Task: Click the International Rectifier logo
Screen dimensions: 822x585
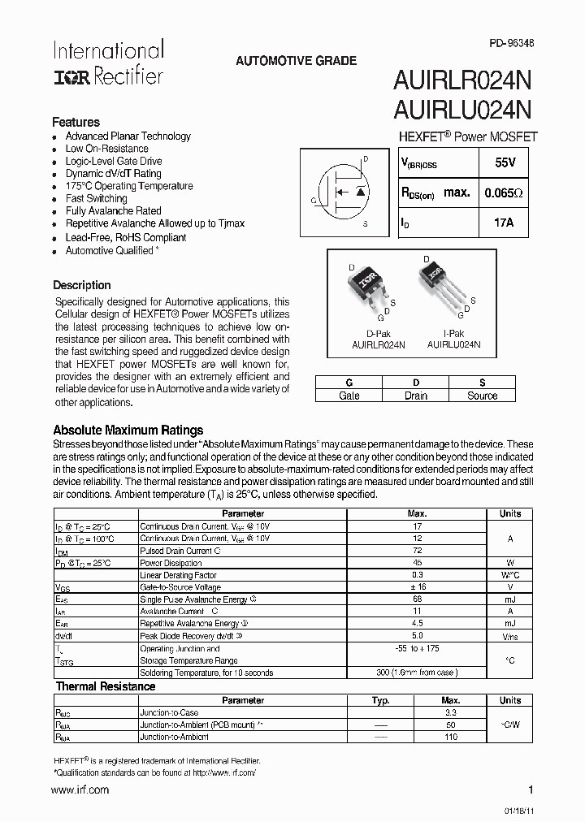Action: (x=108, y=63)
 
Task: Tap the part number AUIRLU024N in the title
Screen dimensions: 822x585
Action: (x=463, y=109)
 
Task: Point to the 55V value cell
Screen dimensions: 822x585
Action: (x=505, y=163)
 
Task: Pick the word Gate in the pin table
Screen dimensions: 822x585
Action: (x=349, y=396)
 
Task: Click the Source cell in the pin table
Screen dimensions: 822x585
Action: (x=482, y=396)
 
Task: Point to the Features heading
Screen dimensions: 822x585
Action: (x=76, y=122)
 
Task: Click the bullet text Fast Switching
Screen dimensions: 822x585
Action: (x=96, y=198)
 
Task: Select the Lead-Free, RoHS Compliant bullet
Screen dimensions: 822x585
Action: (x=126, y=237)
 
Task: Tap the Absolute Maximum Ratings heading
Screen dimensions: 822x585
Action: (x=128, y=430)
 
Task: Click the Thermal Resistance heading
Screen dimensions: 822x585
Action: (x=106, y=686)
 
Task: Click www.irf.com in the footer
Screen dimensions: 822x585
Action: (x=80, y=790)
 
